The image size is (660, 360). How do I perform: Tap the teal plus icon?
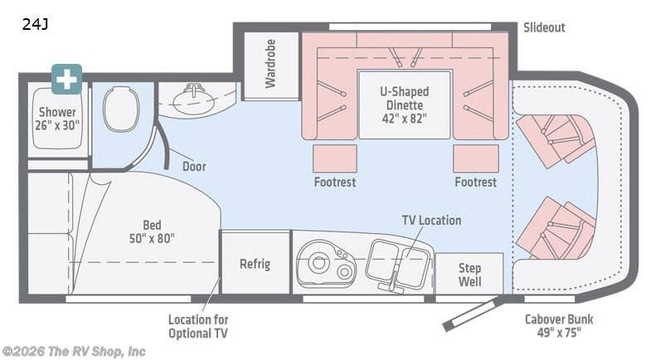[x=66, y=79]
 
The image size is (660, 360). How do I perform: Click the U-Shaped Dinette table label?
[x=405, y=105]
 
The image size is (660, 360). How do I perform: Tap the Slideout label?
[x=544, y=27]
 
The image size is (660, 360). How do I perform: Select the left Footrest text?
[x=335, y=182]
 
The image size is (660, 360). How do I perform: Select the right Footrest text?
[x=475, y=182]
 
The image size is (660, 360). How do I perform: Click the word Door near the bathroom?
[x=194, y=166]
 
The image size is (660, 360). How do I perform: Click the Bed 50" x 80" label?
[x=151, y=231]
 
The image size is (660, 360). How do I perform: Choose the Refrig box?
[x=255, y=265]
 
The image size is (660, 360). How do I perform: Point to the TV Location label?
[x=431, y=220]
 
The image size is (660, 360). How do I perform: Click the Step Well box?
[x=469, y=275]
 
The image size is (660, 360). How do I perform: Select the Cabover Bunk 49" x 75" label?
[x=559, y=326]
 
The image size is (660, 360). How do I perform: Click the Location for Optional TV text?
[x=198, y=326]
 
